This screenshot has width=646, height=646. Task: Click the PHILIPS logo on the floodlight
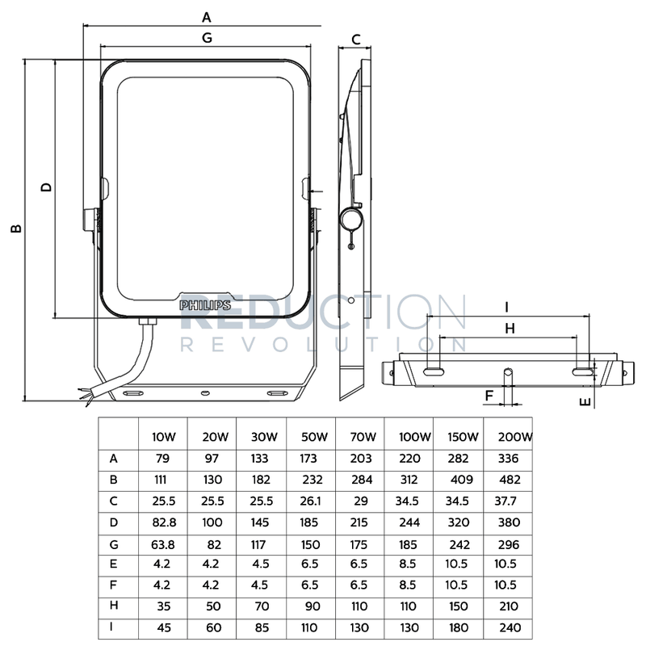(x=205, y=305)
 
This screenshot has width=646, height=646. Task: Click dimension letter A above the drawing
(x=206, y=16)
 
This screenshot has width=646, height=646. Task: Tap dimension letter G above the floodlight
(x=206, y=37)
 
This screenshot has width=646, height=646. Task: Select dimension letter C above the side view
(x=355, y=39)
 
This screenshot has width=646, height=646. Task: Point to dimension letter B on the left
(x=15, y=229)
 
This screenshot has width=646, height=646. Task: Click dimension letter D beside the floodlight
(x=47, y=187)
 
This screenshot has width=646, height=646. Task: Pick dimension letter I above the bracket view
(x=506, y=307)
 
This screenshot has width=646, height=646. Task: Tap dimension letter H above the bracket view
(x=509, y=328)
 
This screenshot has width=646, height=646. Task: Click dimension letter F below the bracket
(x=489, y=395)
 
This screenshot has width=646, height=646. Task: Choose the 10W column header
(x=164, y=437)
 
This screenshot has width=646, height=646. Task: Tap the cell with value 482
(x=510, y=478)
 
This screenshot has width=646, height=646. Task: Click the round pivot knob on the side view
(x=350, y=218)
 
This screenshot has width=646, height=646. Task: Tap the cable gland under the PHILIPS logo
(x=146, y=321)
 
